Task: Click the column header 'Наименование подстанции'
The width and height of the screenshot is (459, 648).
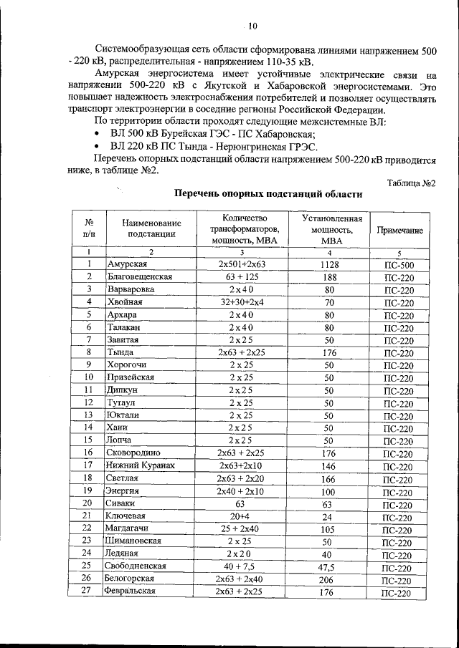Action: coord(151,228)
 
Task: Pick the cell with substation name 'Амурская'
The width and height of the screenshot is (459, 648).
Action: coord(126,264)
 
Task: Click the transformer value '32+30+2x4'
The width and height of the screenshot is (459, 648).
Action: coord(242,302)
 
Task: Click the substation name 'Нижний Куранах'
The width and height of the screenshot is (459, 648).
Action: coord(140,465)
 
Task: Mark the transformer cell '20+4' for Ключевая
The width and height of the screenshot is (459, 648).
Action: coord(242,516)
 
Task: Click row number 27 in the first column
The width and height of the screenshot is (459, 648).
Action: coord(88,591)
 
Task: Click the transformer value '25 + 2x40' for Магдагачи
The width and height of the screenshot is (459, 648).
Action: coord(242,528)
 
